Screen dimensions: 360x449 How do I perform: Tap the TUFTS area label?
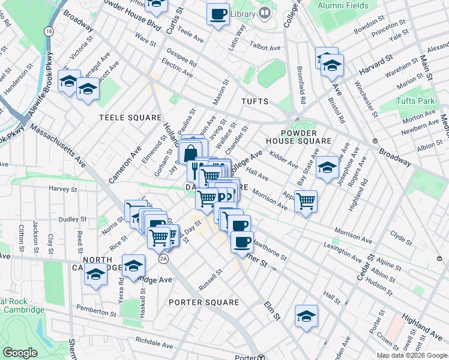point(255,101)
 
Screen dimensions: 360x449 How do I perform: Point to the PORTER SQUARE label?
point(204,302)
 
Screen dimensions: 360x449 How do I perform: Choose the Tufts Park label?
point(415,101)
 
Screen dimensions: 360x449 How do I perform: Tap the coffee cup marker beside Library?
point(218,13)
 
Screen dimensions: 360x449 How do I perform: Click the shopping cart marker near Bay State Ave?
point(306,201)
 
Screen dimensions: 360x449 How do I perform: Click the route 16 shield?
point(49,31)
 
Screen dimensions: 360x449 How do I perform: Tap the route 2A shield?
point(163,259)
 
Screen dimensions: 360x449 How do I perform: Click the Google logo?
point(20,353)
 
